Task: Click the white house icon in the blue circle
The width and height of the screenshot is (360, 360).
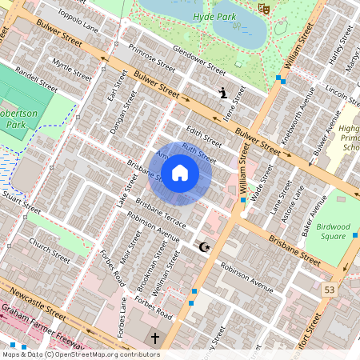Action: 180,172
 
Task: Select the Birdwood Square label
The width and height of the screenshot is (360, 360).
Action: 330,230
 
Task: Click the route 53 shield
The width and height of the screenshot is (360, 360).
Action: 329,288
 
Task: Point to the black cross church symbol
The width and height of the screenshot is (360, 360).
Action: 155,338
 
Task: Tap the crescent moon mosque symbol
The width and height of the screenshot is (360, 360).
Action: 205,247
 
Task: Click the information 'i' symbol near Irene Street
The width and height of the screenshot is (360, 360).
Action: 223,94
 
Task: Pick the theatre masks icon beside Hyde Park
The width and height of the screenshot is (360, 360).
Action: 263,8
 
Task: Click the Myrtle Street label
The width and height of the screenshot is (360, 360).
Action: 72,67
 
